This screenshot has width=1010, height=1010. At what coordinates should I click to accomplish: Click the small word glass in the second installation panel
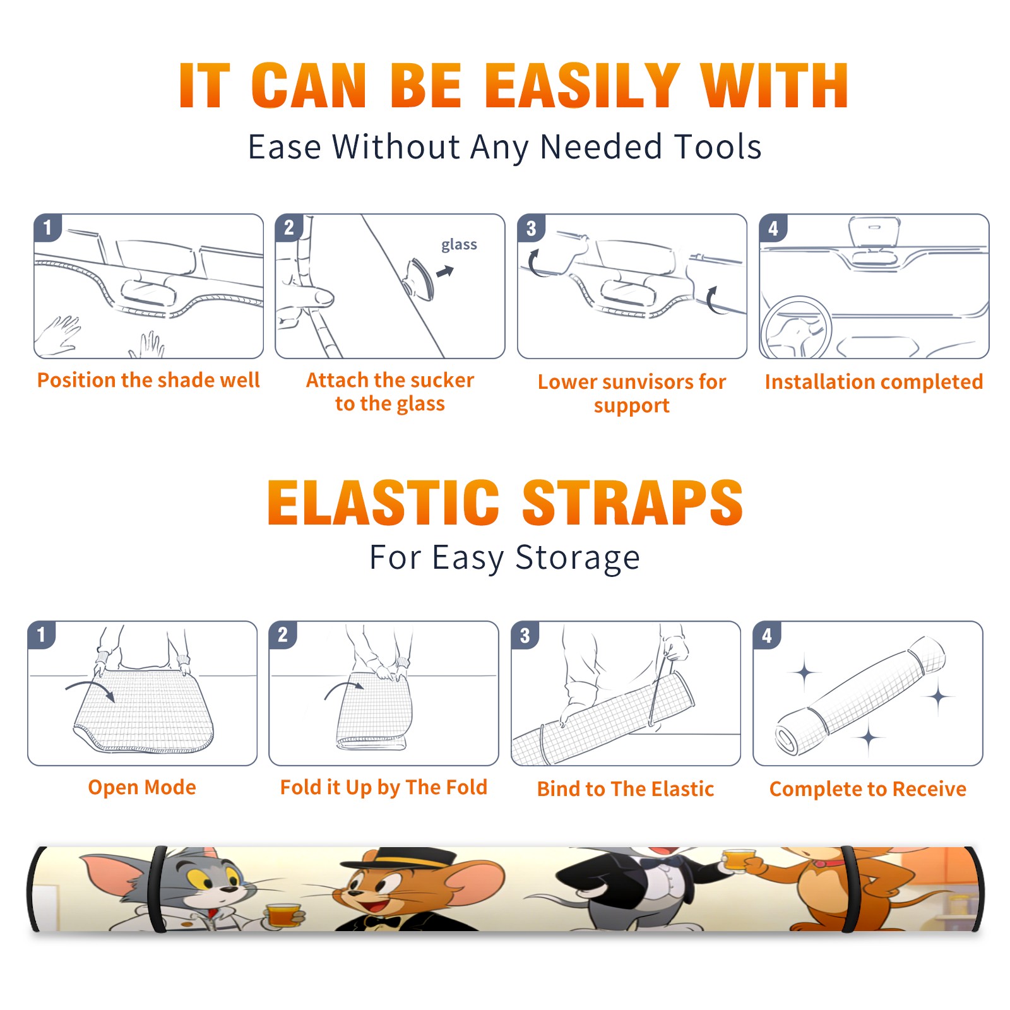[459, 245]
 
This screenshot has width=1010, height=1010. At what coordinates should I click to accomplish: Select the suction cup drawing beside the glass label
[420, 278]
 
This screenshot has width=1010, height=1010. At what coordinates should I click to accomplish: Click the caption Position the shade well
[148, 380]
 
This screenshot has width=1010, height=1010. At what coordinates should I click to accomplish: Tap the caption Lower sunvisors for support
[632, 393]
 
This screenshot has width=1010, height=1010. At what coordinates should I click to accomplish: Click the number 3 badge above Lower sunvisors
[531, 228]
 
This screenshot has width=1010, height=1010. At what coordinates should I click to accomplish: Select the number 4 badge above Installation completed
[773, 228]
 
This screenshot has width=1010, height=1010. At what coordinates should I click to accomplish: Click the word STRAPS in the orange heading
[633, 502]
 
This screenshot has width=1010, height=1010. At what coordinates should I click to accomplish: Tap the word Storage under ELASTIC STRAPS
[578, 558]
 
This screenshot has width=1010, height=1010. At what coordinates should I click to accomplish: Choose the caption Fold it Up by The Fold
[384, 788]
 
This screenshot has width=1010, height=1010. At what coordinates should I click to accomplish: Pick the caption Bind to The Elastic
[626, 789]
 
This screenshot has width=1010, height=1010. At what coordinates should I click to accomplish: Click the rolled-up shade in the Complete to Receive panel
[860, 696]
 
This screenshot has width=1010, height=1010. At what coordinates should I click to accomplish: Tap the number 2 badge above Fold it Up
[283, 635]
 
